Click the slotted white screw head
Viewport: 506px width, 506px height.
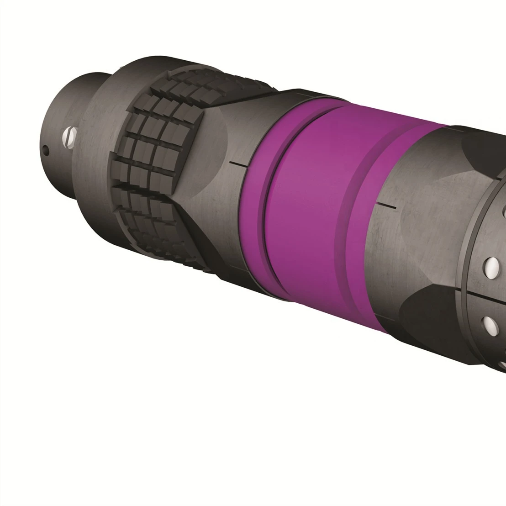point(70,136)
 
